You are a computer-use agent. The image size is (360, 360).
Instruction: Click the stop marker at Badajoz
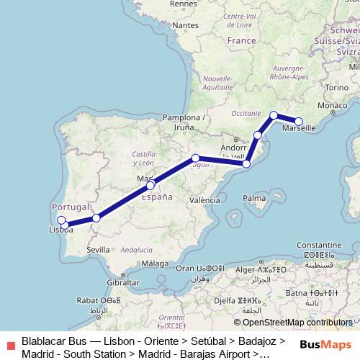96,217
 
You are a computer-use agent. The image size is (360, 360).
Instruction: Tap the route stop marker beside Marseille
299,121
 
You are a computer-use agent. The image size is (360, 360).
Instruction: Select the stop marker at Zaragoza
195,158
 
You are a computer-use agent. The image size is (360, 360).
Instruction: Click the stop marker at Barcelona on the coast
246,164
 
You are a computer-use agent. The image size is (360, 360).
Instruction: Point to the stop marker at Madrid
150,185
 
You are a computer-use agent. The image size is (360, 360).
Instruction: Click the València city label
204,199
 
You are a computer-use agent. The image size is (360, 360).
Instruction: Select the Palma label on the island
253,197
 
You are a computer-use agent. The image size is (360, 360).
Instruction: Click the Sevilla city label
98,249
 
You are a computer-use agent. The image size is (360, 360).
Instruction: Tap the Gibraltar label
122,282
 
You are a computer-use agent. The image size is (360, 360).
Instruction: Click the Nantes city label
186,25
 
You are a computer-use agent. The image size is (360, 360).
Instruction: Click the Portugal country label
71,207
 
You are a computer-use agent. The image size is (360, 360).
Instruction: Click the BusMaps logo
325,344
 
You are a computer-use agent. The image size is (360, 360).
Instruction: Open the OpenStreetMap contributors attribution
297,323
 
